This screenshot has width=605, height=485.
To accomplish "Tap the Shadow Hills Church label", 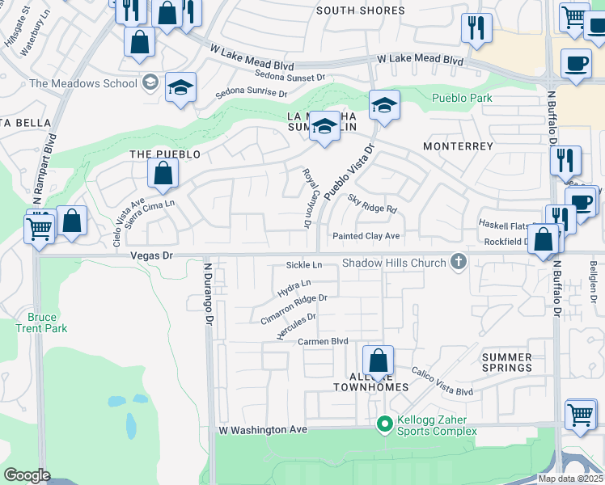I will (394, 263).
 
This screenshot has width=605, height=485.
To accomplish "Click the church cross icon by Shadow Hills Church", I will (459, 262).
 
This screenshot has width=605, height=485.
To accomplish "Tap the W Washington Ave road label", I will (263, 430).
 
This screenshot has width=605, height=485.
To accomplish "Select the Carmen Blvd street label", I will (323, 341).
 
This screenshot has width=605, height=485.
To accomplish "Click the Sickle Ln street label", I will (304, 265).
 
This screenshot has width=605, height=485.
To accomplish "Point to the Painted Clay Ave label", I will (367, 236).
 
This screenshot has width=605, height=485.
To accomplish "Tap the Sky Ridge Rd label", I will (372, 203).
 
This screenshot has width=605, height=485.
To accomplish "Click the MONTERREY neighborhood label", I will (458, 146).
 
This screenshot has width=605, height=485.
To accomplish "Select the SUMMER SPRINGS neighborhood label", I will (506, 362).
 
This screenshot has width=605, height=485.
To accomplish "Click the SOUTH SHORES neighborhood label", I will (360, 11).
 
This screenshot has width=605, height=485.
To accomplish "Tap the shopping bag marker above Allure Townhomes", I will (377, 361).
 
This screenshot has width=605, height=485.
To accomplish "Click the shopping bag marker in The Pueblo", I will (163, 173).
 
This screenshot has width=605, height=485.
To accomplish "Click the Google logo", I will (27, 475).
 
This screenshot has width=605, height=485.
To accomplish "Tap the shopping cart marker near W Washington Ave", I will (580, 415).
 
